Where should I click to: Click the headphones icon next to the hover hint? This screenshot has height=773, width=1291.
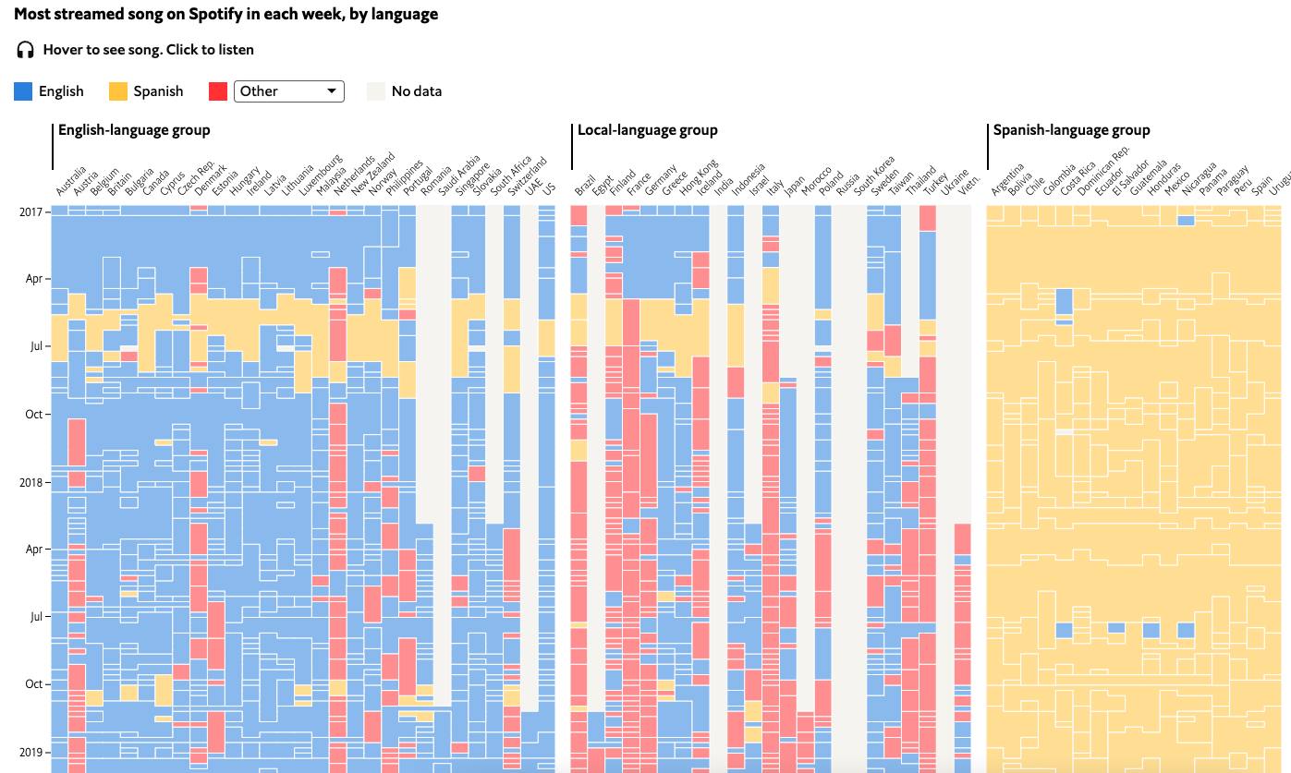pyautogui.click(x=25, y=50)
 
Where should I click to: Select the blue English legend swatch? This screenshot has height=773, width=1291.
pyautogui.click(x=23, y=91)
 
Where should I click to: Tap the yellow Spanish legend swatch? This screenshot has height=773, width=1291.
pyautogui.click(x=118, y=91)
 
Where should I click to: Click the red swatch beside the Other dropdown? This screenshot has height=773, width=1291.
pyautogui.click(x=218, y=91)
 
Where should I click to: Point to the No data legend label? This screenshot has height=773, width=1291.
pyautogui.click(x=416, y=91)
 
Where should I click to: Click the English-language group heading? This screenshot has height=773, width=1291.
pyautogui.click(x=134, y=130)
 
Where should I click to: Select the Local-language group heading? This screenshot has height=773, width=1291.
pyautogui.click(x=647, y=130)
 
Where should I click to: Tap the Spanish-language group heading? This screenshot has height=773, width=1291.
pyautogui.click(x=1071, y=130)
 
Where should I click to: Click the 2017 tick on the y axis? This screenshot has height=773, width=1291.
pyautogui.click(x=30, y=211)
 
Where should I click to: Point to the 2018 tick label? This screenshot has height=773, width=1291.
pyautogui.click(x=30, y=482)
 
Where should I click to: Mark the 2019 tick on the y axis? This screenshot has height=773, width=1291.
pyautogui.click(x=30, y=752)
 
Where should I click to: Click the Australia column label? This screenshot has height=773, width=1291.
pyautogui.click(x=71, y=181)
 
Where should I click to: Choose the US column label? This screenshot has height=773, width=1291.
pyautogui.click(x=549, y=188)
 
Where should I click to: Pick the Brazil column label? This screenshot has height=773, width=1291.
pyautogui.click(x=585, y=184)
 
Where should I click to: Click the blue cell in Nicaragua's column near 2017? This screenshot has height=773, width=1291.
pyautogui.click(x=1186, y=221)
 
